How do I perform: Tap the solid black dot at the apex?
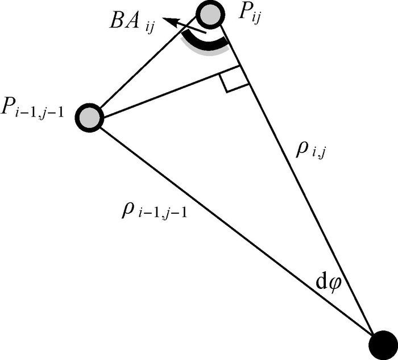click(x=382, y=343)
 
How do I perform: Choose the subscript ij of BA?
click(x=151, y=29)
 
